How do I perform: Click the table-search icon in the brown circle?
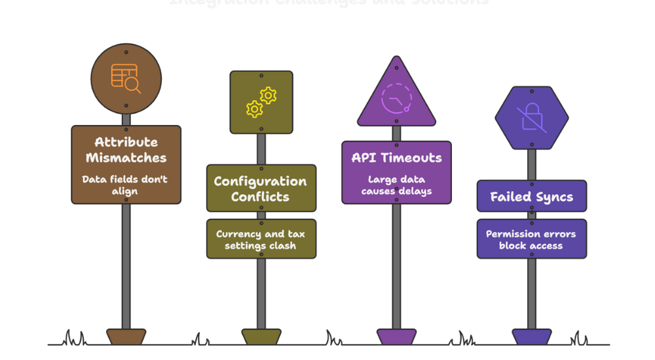point(125,79)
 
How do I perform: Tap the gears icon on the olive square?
point(261,102)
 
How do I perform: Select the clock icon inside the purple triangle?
point(396,99)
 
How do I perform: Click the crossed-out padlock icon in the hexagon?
point(531,118)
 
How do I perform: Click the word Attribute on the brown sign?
point(126,142)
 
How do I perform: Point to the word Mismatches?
point(126,158)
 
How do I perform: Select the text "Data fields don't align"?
point(125,185)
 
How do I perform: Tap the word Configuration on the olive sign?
point(260,181)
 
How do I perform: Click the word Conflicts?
point(260,196)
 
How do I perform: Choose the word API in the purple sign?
point(364,158)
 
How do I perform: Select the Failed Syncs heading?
point(531,197)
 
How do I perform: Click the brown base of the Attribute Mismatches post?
point(126,336)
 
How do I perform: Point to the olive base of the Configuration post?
point(261,336)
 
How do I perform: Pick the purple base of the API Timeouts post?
point(396,336)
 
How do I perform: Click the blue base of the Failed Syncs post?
point(531,336)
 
